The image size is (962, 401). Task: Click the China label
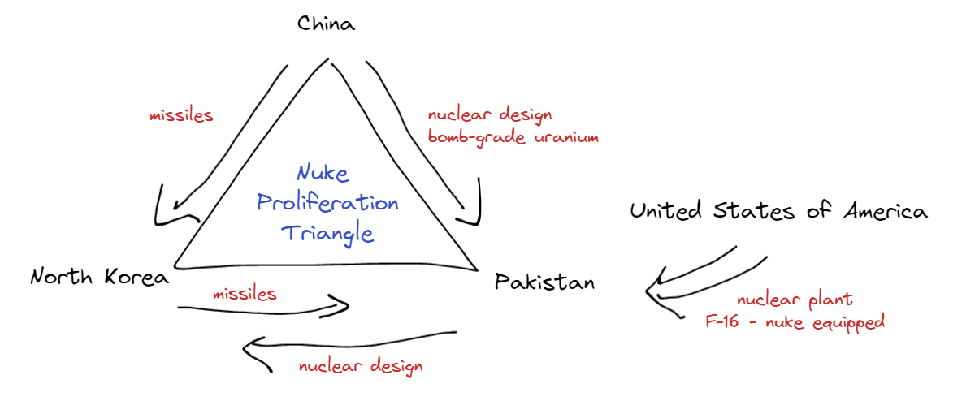coord(326,24)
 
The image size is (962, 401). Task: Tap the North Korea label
coord(100,278)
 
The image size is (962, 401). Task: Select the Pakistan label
coord(544,282)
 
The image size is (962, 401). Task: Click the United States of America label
coord(778,212)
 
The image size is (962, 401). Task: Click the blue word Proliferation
coord(327,203)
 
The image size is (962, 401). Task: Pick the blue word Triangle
coord(327,233)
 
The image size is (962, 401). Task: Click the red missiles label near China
coord(181,115)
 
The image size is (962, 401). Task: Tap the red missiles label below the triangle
coord(245,293)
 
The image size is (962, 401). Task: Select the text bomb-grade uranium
coord(513,137)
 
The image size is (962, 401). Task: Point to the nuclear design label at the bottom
coord(361,366)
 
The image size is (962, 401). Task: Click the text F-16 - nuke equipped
coord(795,322)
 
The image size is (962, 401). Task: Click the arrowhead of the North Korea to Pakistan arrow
coord(344,307)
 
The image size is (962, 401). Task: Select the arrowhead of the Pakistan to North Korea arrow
coord(249,349)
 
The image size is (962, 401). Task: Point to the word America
coord(885,212)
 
